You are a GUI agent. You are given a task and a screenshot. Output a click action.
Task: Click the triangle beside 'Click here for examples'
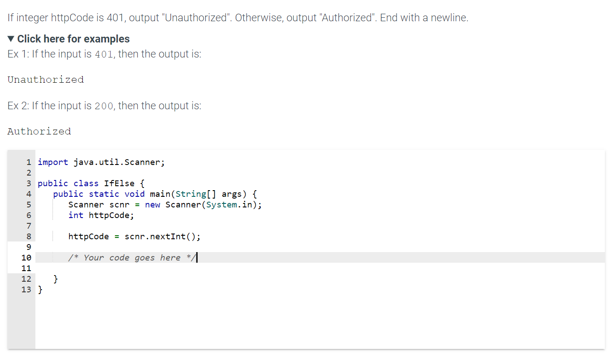coord(12,39)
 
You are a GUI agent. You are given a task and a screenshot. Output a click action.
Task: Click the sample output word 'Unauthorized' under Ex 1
coord(46,80)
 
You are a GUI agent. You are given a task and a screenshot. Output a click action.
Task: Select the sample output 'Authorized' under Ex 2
coord(39,131)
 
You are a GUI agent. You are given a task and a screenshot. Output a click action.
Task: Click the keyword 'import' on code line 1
coord(53,162)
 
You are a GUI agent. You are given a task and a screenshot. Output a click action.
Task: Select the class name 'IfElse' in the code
coord(119,183)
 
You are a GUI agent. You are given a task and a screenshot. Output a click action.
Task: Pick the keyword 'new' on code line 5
coord(152,204)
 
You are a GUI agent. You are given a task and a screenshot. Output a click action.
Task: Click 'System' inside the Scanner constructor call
coord(221,204)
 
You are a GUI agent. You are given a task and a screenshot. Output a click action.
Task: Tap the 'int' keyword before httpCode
coord(76,215)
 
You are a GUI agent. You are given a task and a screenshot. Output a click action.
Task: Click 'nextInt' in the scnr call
coord(168,236)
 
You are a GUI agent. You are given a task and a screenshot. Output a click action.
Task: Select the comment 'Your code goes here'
coord(132,257)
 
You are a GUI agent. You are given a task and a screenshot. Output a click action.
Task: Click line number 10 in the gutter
coord(26,257)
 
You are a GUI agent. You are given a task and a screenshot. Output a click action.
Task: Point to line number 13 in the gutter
coord(26,289)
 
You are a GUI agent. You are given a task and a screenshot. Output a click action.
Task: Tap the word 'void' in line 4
coord(135,194)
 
